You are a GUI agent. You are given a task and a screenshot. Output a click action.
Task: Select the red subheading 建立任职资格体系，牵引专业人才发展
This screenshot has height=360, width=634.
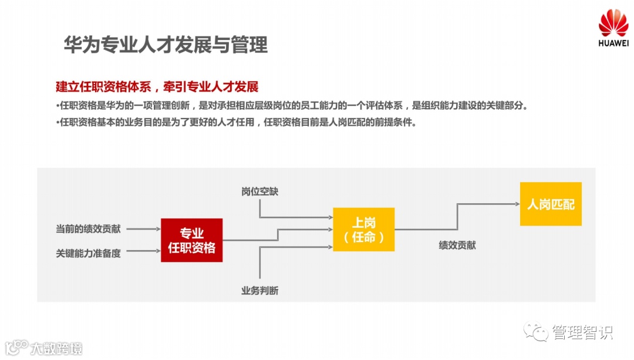pos(157,87)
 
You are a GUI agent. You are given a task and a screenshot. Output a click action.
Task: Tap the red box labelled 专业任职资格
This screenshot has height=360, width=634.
pos(192,240)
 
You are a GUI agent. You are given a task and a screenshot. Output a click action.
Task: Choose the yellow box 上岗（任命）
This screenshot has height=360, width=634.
pos(364,230)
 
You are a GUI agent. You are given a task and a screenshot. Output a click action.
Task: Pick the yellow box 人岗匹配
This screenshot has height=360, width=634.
pos(551,204)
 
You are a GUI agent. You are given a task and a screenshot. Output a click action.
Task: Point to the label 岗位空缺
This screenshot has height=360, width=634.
pos(259,192)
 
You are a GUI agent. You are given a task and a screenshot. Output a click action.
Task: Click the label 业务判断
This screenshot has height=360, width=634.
pos(259,291)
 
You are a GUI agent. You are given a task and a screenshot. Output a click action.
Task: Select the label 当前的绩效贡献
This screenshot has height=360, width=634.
pos(88,228)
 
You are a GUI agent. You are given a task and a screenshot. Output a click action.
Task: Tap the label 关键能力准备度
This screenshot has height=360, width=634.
pos(88,254)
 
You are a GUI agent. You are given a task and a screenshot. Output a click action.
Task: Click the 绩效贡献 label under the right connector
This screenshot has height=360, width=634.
pos(457,245)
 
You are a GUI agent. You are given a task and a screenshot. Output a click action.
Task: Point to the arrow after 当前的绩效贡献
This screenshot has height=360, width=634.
pos(143,228)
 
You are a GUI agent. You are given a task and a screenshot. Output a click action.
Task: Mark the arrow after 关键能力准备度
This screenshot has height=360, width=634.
pos(143,253)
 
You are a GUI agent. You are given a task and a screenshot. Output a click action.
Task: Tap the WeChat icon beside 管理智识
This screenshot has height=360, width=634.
pos(537,332)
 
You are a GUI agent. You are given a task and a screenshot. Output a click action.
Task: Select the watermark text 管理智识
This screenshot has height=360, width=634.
pos(582,333)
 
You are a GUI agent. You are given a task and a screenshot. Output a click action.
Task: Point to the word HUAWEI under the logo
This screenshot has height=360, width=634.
pos(613,43)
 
